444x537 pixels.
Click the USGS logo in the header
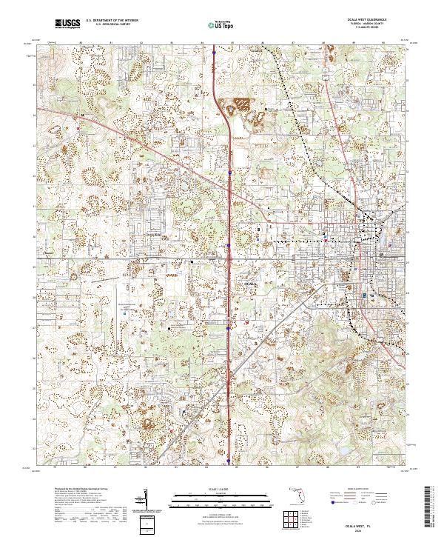(67, 24)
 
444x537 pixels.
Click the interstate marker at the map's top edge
(214, 52)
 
